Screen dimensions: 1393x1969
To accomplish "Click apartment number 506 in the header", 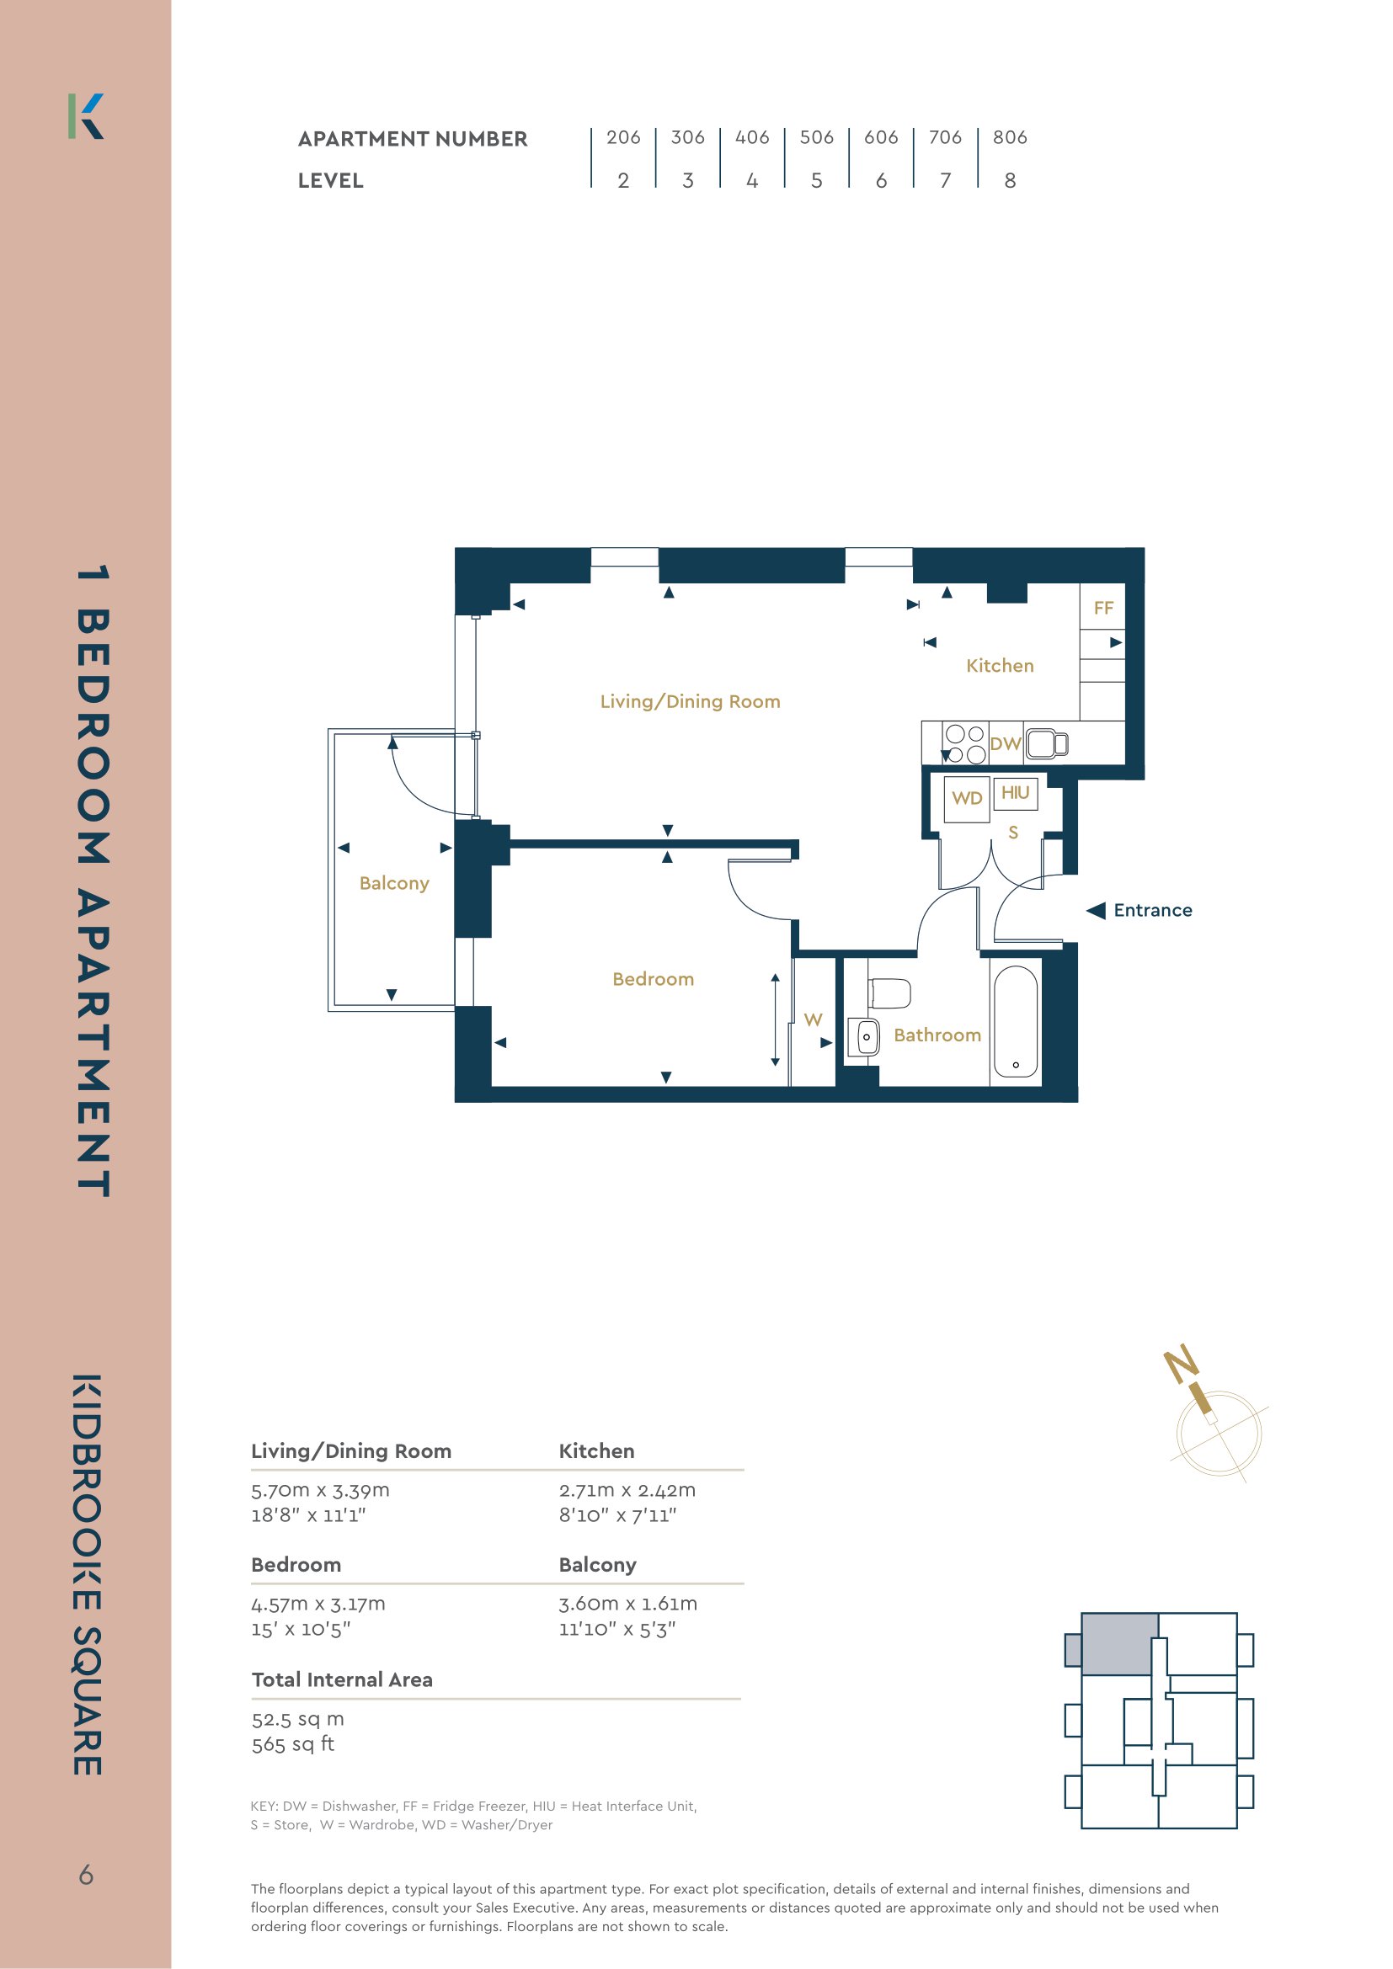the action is coord(816,137).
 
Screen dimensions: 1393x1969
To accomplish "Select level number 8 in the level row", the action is coord(1010,180).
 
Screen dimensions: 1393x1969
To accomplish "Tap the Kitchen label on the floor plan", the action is coord(1000,666).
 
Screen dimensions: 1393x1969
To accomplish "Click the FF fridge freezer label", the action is coord(1103,608).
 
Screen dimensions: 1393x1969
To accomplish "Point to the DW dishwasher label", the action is coord(1006,743).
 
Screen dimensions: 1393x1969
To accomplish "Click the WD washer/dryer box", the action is coord(967,799).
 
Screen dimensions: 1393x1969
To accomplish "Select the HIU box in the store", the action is coord(1016,793).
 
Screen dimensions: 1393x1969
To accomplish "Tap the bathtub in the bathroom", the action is coord(1016,1021).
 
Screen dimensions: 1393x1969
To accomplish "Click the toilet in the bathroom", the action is coord(889,994).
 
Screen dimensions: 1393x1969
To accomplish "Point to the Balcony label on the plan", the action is coord(393,883).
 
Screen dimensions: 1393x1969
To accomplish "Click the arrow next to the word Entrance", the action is coord(1096,910).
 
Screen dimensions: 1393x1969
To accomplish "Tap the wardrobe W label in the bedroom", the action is coord(814,1019).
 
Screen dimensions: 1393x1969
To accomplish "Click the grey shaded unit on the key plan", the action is coord(1118,1644).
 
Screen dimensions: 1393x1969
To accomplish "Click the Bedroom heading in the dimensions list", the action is coord(296,1564).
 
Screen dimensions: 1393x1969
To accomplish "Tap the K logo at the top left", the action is coord(86,116).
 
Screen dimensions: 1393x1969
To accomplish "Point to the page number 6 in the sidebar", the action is coord(86,1875).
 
